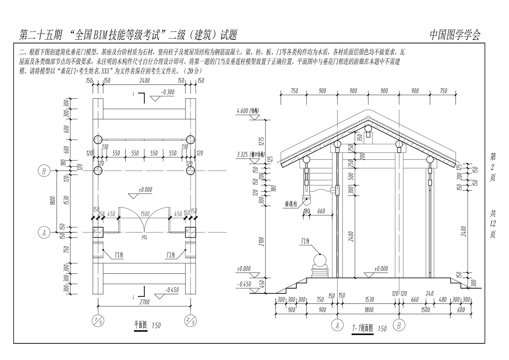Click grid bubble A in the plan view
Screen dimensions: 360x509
click(44, 233)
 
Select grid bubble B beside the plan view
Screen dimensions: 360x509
click(44, 171)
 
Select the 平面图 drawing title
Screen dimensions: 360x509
click(141, 325)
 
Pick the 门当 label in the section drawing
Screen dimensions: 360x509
click(305, 240)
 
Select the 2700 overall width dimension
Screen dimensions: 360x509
click(143, 301)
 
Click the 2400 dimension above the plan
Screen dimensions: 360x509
click(144, 81)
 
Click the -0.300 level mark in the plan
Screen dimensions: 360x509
click(167, 93)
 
